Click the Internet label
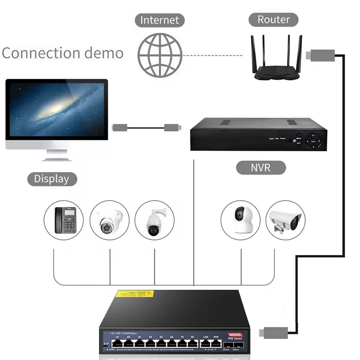pyautogui.click(x=159, y=20)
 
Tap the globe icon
pyautogui.click(x=160, y=55)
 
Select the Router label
pyautogui.click(x=274, y=19)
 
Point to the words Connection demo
pyautogui.click(x=63, y=53)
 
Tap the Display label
pyautogui.click(x=52, y=179)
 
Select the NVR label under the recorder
pyautogui.click(x=261, y=168)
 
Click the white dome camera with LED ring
pyautogui.click(x=110, y=220)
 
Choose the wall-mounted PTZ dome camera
pyautogui.click(x=154, y=220)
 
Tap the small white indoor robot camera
pyautogui.click(x=241, y=220)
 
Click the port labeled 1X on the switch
pyautogui.click(x=117, y=343)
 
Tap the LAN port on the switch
pyautogui.click(x=205, y=343)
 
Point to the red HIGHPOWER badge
pyautogui.click(x=234, y=334)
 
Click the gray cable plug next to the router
pyautogui.click(x=317, y=56)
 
